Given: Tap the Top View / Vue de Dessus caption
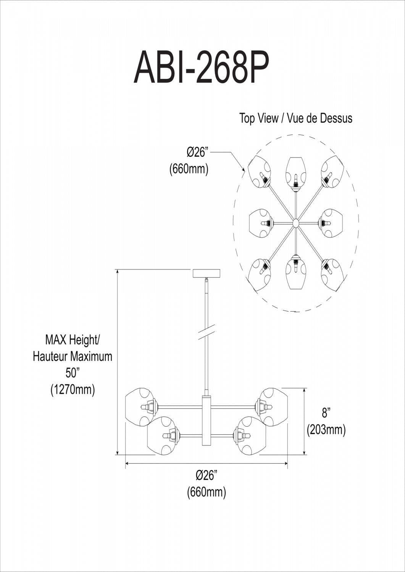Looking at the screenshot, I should click(x=295, y=118).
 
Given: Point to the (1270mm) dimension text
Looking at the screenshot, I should click(x=73, y=390).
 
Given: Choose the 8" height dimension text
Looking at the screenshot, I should click(x=326, y=413).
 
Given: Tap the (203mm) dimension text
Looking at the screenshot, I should click(x=326, y=430).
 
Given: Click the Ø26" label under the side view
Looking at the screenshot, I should click(x=206, y=475).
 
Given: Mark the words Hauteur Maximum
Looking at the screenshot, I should click(x=73, y=356).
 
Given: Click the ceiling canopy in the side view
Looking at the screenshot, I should click(x=207, y=273).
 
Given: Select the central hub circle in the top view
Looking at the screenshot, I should click(x=295, y=222).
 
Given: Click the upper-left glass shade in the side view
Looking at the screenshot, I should click(x=140, y=407).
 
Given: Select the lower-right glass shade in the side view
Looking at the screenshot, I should click(x=250, y=435).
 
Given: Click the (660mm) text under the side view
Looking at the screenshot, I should click(x=206, y=492).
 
